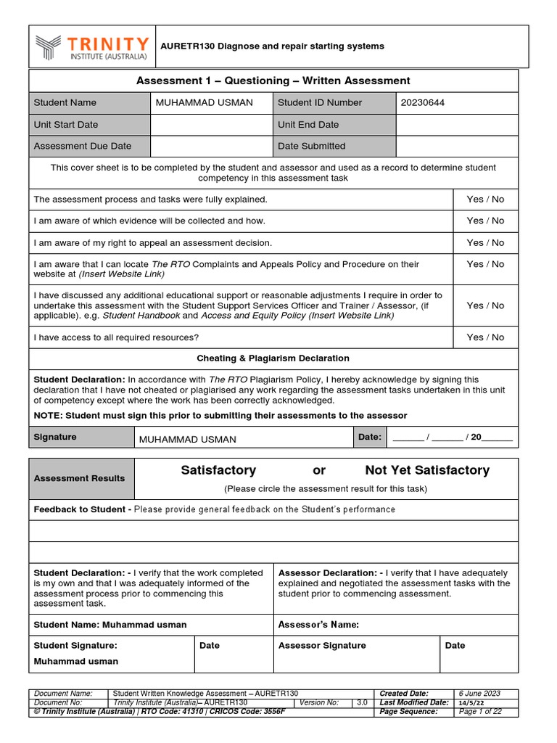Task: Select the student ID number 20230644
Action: coord(422,103)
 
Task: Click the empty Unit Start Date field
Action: coord(211,125)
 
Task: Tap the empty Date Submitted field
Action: coord(457,146)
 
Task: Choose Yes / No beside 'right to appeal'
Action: coord(485,243)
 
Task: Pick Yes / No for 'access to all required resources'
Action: coord(485,337)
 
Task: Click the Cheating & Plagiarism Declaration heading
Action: coord(273,358)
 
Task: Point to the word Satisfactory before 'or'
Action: coord(218,470)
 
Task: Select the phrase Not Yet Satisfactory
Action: coord(427,470)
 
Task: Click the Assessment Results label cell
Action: coord(80,479)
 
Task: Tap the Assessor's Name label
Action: coord(319,625)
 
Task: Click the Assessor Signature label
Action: coord(323,646)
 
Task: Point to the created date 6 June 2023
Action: coord(479,694)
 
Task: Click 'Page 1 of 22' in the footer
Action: coord(481,712)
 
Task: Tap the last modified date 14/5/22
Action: coord(472,703)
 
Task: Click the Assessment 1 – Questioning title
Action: coord(273,81)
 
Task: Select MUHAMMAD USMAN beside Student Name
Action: coord(205,103)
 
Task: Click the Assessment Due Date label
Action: coord(83,146)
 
